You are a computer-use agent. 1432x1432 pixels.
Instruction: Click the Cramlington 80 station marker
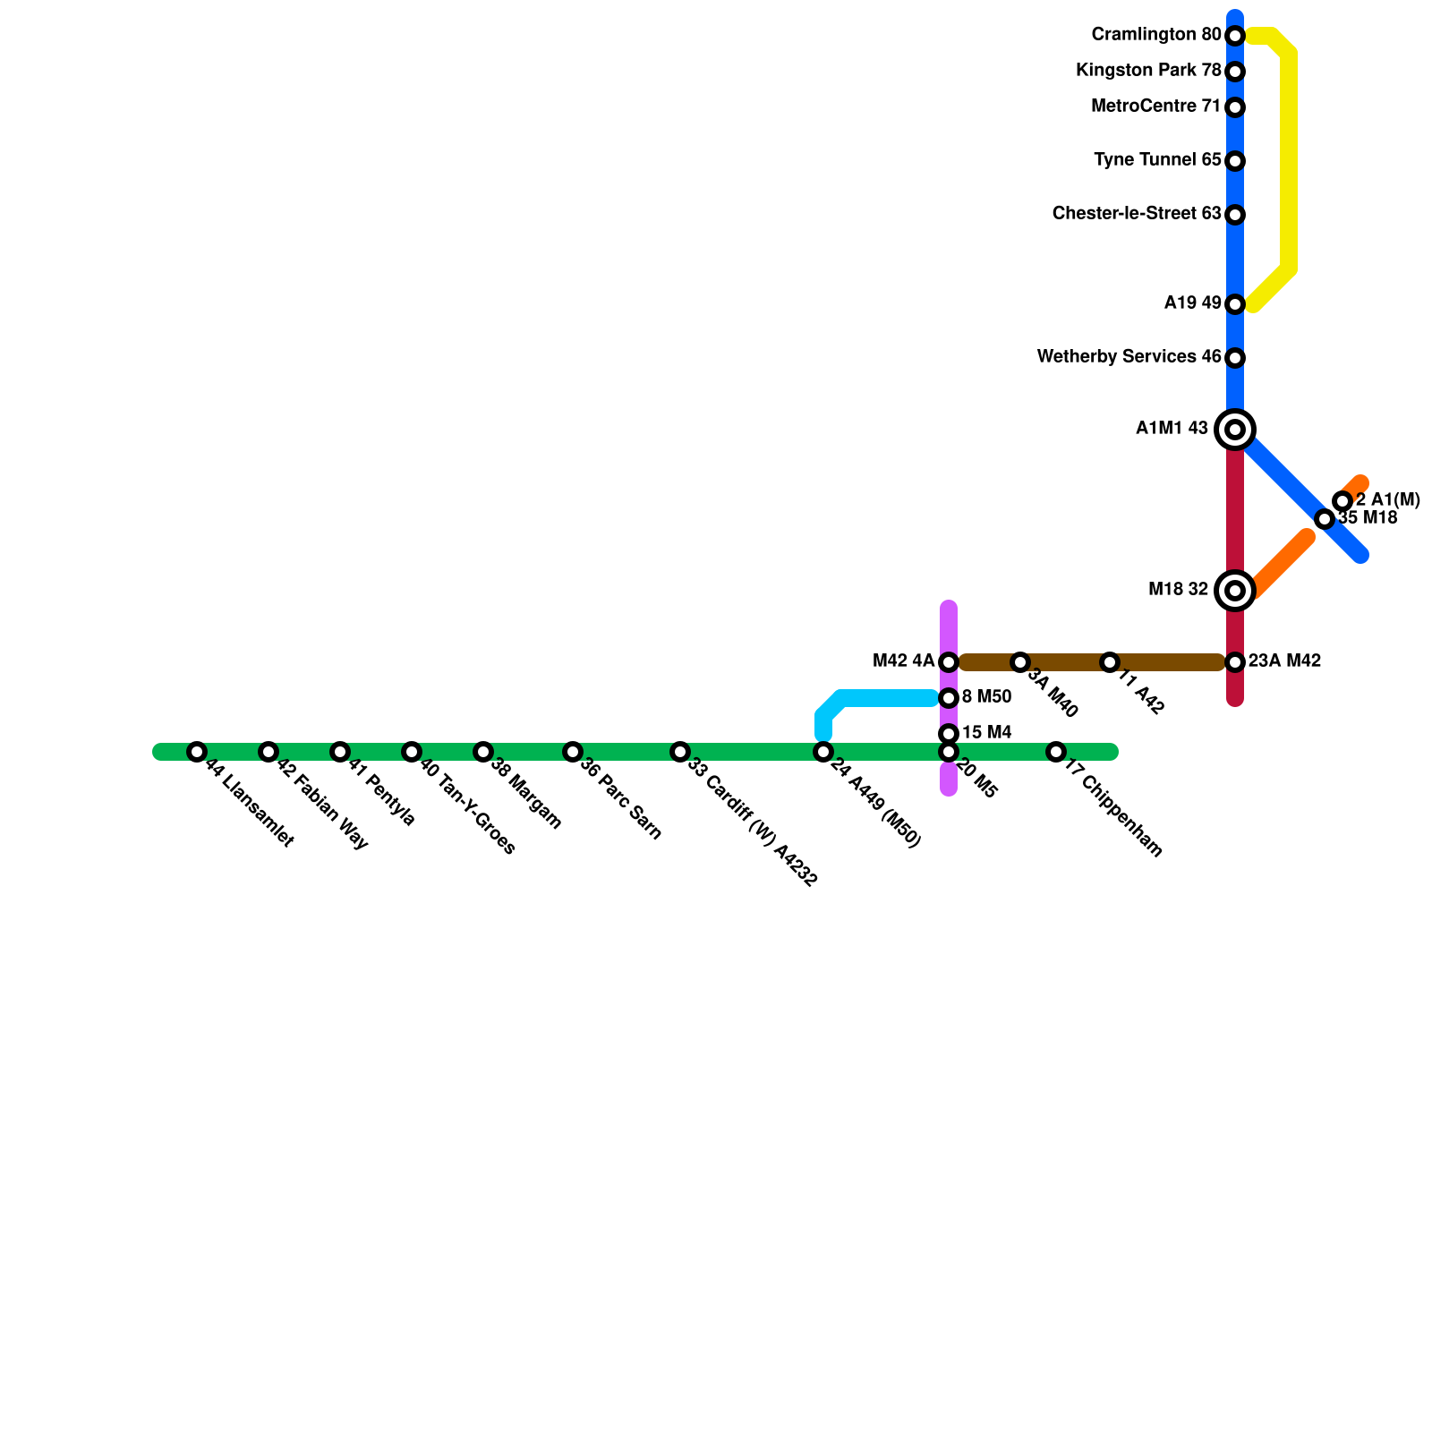click(x=1235, y=36)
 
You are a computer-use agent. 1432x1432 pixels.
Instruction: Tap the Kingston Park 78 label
click(x=1148, y=71)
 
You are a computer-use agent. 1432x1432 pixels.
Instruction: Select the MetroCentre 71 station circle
click(x=1235, y=107)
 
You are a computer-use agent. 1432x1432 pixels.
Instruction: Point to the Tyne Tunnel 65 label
click(x=1157, y=161)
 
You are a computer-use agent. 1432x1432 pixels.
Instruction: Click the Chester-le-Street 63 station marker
click(x=1235, y=215)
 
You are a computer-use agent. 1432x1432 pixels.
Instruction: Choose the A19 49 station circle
click(x=1235, y=304)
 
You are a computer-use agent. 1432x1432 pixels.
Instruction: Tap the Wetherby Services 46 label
click(x=1129, y=357)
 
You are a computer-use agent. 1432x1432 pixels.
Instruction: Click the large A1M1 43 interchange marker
click(x=1235, y=430)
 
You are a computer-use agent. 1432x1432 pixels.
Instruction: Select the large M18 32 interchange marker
click(x=1235, y=591)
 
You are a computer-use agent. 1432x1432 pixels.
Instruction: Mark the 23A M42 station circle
click(x=1235, y=662)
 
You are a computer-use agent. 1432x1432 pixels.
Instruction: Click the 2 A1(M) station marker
click(x=1342, y=501)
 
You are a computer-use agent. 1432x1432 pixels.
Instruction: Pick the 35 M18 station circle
click(x=1325, y=519)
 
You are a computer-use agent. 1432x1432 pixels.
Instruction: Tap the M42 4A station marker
click(x=949, y=662)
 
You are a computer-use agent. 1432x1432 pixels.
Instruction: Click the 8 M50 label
click(x=986, y=697)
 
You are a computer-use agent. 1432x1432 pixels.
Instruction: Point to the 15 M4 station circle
click(x=949, y=734)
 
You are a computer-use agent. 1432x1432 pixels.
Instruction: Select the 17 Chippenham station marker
click(x=1056, y=752)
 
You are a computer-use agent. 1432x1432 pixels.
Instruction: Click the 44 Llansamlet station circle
click(x=197, y=752)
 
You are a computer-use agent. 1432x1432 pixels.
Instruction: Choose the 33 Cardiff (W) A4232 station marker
click(x=680, y=752)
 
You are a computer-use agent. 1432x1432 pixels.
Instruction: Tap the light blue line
click(x=886, y=698)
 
